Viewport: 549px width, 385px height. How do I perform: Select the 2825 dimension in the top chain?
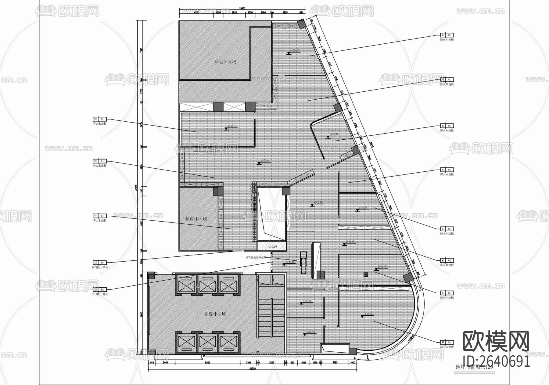click(x=234, y=13)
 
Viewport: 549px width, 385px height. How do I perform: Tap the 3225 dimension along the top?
click(x=285, y=13)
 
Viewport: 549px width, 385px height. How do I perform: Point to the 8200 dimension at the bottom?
click(x=207, y=363)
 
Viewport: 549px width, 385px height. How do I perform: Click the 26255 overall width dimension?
click(x=252, y=369)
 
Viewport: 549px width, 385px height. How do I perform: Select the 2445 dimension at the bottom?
click(x=165, y=363)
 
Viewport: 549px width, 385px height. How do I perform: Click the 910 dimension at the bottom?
click(x=152, y=363)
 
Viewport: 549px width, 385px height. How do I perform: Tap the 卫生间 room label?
click(x=272, y=246)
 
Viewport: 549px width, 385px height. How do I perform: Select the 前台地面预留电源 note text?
click(x=256, y=258)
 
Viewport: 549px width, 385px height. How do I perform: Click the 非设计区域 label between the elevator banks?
click(x=215, y=314)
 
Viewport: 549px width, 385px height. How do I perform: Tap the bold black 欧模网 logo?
click(x=496, y=341)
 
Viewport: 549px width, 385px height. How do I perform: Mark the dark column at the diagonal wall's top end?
click(x=302, y=24)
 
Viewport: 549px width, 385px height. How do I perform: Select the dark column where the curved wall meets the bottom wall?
click(x=353, y=351)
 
